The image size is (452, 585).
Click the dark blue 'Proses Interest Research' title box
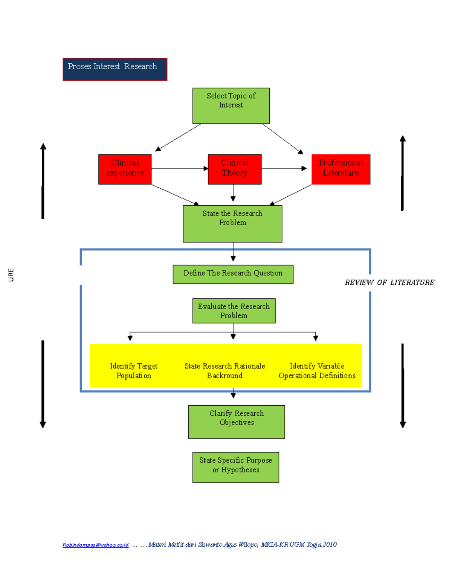click(115, 69)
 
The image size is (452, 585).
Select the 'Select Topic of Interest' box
click(231, 105)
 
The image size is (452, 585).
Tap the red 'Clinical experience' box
click(125, 169)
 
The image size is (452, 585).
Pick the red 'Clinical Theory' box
click(235, 169)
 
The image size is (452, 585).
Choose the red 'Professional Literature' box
click(341, 169)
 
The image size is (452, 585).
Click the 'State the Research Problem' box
click(232, 223)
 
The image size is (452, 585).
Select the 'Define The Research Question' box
click(233, 274)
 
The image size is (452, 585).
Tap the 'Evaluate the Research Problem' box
click(234, 311)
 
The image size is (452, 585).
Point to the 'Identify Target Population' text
click(134, 371)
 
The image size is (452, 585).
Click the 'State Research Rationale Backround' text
click(225, 371)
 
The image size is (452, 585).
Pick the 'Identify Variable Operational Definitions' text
click(317, 371)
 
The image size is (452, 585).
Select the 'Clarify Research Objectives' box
click(237, 422)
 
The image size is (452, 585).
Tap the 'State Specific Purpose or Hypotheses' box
click(236, 467)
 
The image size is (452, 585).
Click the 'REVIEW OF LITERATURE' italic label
click(389, 283)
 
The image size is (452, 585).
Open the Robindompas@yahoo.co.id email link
click(96, 545)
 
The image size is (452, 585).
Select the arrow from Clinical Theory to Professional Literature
click(284, 168)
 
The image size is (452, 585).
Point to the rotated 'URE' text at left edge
click(11, 275)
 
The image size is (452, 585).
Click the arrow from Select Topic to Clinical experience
click(178, 137)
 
